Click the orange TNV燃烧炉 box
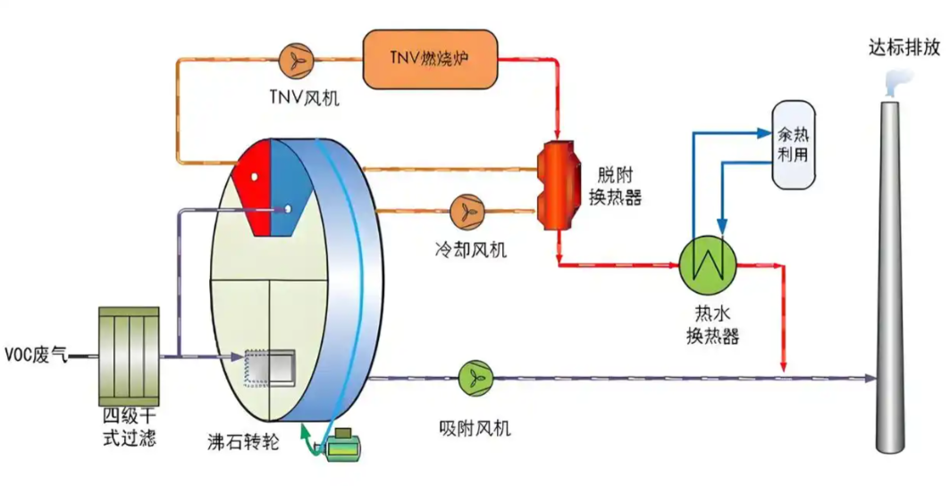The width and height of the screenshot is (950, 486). [x=429, y=60]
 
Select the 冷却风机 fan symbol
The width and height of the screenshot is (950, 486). [x=465, y=212]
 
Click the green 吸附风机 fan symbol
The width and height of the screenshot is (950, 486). [x=474, y=378]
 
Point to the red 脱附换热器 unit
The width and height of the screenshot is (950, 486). [x=559, y=186]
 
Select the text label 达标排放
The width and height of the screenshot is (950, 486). [x=904, y=47]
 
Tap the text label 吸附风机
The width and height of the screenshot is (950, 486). [x=475, y=428]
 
